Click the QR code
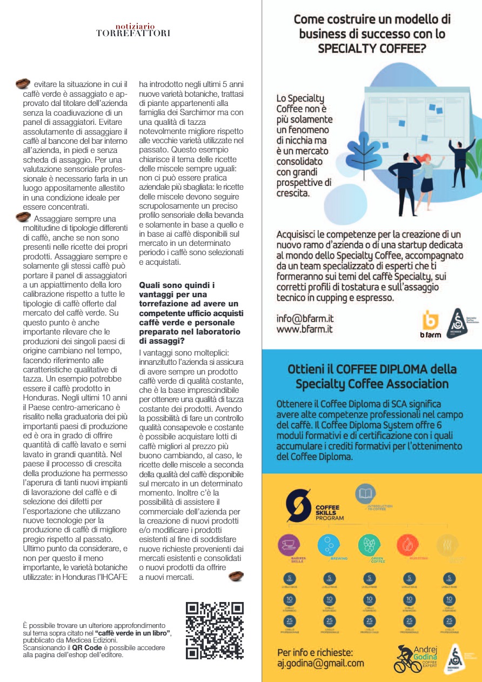[215, 631]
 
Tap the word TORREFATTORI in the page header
[133, 34]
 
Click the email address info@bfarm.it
[304, 319]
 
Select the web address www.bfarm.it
[304, 329]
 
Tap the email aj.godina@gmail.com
[320, 663]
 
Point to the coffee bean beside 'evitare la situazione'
[22, 84]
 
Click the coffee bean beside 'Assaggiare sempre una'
[22, 217]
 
